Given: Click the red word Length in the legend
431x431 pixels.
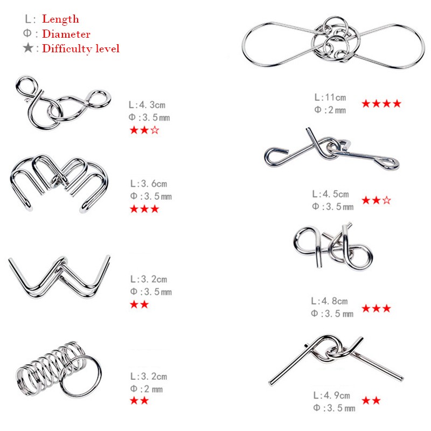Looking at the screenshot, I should point(60,19).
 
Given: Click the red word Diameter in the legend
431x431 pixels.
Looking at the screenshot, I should point(66,34).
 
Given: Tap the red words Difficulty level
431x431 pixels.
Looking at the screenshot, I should point(81,49).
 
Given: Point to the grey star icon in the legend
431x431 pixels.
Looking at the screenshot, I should point(28,48).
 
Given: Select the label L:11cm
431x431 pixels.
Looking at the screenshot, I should point(330,98).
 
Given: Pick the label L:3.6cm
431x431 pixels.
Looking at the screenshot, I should point(149,184).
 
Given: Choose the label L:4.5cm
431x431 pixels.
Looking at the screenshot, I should point(331,194).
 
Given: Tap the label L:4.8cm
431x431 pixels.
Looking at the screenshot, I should point(329,301).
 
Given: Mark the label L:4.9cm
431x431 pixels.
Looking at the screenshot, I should point(331,396).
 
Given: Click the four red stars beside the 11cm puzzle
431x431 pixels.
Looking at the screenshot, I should point(381,103).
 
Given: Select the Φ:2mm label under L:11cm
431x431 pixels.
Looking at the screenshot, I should point(330,110).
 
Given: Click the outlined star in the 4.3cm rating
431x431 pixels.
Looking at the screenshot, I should point(155,130).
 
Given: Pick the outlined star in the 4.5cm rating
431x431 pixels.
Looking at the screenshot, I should point(386,200).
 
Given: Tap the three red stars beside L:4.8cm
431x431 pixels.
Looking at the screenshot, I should point(376,308).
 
